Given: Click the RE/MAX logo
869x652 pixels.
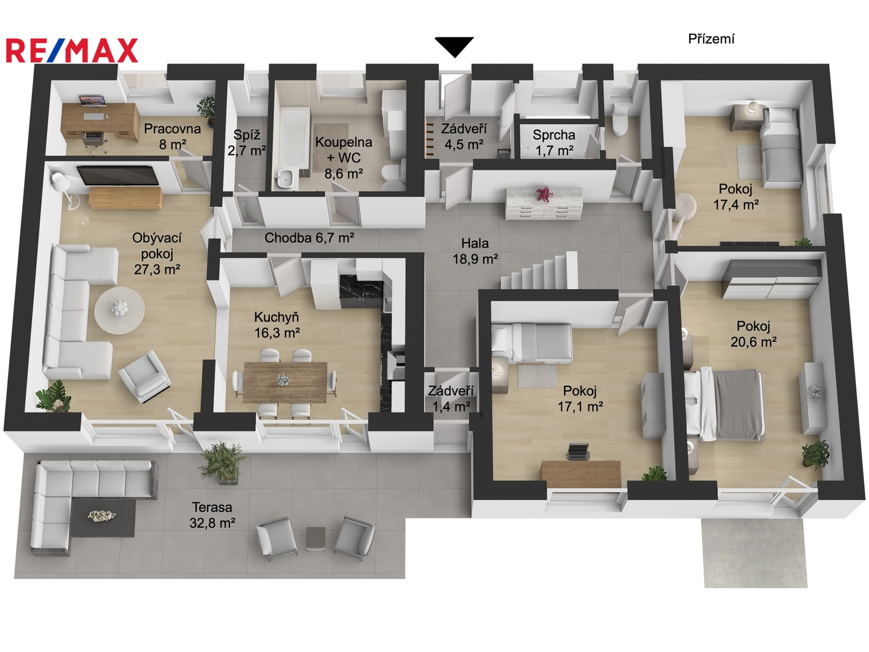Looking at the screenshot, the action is (x=72, y=50).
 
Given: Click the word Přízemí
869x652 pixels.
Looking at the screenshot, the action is (x=711, y=39).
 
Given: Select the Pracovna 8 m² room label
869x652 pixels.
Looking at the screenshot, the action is (x=172, y=136).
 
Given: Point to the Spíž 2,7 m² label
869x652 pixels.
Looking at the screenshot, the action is (x=247, y=142).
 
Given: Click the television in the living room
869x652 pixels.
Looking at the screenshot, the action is (x=118, y=175).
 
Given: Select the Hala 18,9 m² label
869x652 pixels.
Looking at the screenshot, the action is (x=475, y=251).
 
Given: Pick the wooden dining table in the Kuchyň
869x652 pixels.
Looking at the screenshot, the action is (x=285, y=382).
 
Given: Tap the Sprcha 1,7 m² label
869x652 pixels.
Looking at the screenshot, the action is (x=553, y=142).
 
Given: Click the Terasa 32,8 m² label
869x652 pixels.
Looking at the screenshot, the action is (x=212, y=515).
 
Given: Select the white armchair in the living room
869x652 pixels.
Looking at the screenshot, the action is (x=144, y=377).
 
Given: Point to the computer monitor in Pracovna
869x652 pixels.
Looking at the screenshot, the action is (x=93, y=101).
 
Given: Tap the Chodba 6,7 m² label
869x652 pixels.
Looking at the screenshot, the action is (x=309, y=238).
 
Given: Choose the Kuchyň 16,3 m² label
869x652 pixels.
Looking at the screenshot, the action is (x=276, y=325).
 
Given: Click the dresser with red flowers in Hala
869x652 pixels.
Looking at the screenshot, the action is (x=544, y=203).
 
